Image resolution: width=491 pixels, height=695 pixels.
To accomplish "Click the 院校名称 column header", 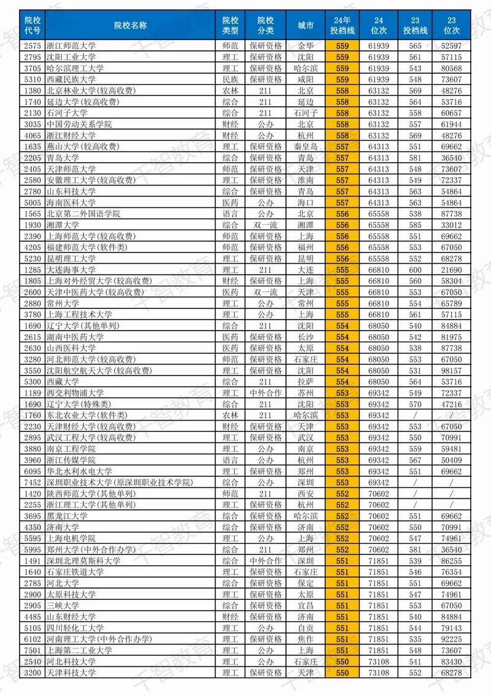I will click(131, 25).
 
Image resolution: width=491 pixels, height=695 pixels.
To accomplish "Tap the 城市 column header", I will click(305, 25).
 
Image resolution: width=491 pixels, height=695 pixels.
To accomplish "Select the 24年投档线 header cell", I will click(342, 25).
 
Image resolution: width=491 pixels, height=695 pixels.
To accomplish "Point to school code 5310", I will click(31, 80).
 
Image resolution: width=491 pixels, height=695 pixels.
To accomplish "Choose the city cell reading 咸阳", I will click(305, 80).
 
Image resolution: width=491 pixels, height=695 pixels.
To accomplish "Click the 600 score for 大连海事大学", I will click(415, 270).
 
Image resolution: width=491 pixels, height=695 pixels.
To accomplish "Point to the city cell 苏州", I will click(305, 393).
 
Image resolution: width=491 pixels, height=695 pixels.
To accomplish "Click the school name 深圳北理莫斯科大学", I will click(83, 560).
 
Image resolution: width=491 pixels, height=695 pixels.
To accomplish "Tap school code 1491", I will click(31, 560).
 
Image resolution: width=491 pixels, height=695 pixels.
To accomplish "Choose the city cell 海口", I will click(305, 203).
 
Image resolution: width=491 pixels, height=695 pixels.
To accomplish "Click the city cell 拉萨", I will click(305, 382).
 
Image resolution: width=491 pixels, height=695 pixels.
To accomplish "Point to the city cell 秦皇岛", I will click(305, 147).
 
